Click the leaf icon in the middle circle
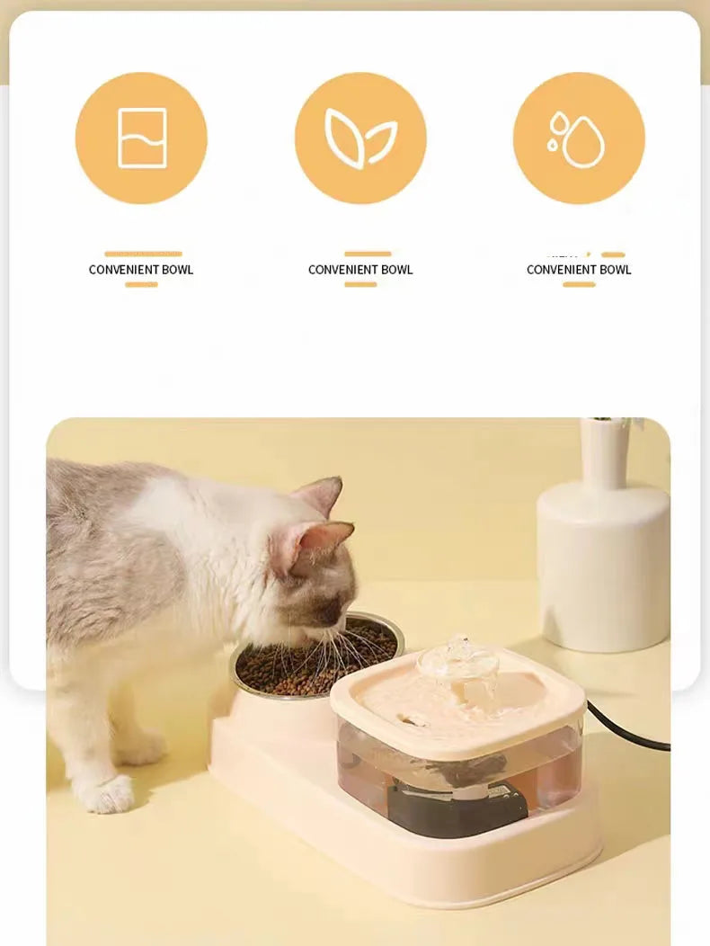tap(360, 138)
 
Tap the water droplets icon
tap(578, 139)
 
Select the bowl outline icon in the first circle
tap(142, 138)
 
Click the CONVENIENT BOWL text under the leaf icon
tap(360, 270)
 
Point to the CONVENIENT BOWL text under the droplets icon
tap(579, 270)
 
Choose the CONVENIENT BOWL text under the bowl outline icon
tap(141, 270)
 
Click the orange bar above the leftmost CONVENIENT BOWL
tap(143, 254)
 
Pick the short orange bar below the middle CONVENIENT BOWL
tap(360, 284)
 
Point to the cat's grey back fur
tap(99, 558)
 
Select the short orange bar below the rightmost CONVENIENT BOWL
tap(579, 284)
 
